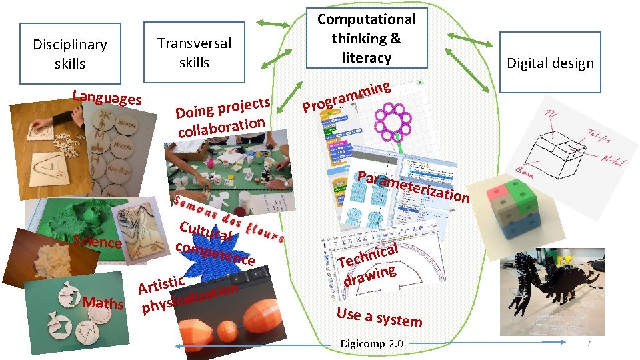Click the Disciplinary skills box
click(70, 54)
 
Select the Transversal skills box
click(194, 53)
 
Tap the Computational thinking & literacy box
click(366, 39)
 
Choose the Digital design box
click(550, 63)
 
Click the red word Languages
click(107, 97)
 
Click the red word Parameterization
click(413, 186)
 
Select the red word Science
click(97, 241)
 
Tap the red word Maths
click(103, 303)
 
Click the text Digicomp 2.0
click(371, 344)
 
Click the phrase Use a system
click(379, 317)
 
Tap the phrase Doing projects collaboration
click(221, 117)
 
